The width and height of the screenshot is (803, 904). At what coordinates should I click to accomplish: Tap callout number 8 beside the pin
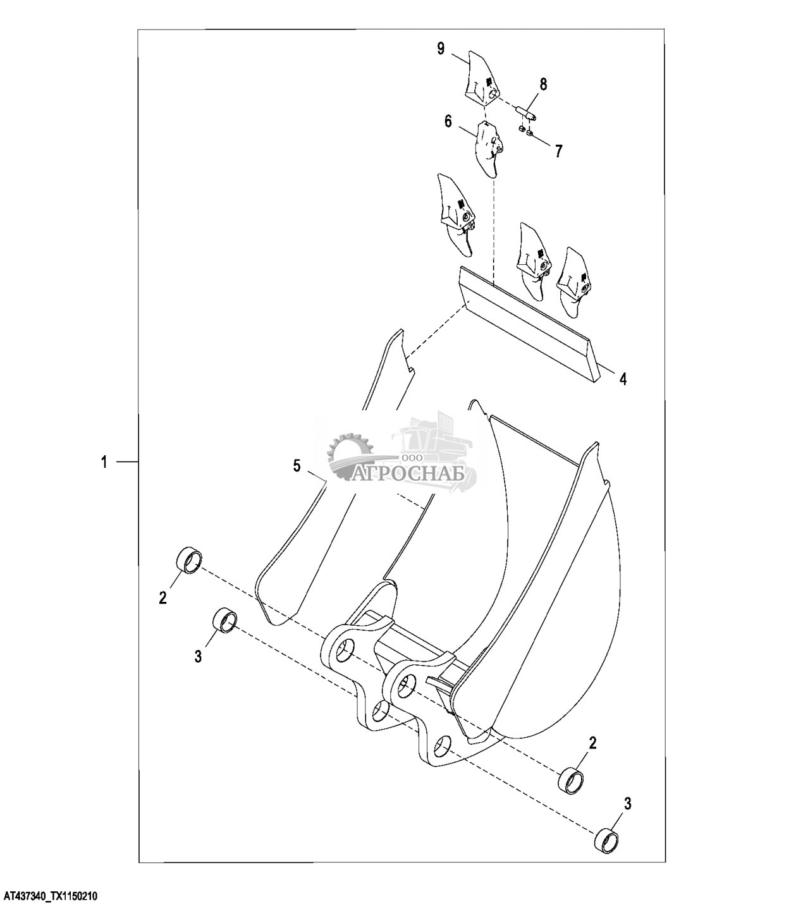[543, 83]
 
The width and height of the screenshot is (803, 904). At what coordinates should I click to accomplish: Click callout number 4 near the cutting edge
[623, 379]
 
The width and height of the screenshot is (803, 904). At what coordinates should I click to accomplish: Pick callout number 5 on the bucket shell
[297, 466]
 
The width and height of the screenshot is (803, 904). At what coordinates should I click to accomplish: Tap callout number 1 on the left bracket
[104, 462]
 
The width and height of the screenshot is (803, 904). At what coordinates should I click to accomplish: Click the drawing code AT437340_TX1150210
[51, 896]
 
